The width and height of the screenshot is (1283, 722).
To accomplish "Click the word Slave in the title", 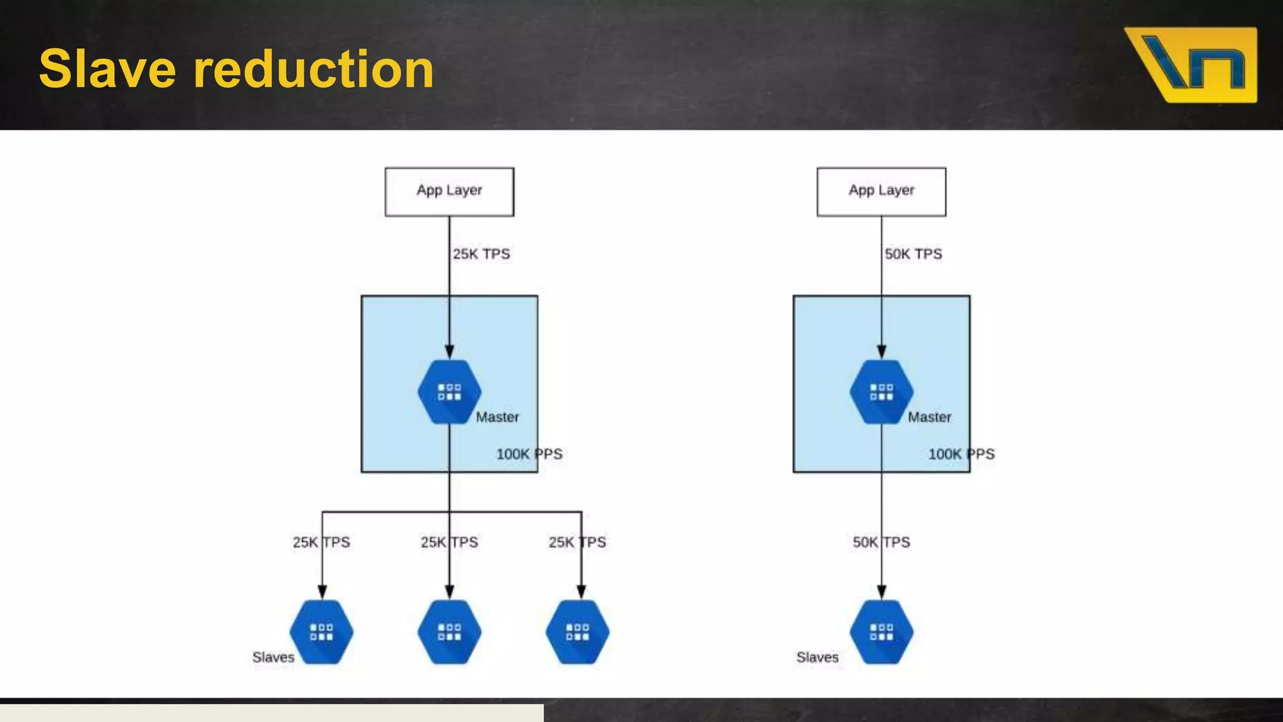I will (107, 69).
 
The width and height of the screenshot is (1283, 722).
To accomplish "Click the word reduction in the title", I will (313, 69).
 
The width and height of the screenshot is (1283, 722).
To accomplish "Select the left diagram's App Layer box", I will (449, 191).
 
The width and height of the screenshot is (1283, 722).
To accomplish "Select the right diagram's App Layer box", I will (881, 191).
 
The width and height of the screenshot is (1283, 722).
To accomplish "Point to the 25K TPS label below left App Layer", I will (481, 254).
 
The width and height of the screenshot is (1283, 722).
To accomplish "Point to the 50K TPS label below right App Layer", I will (913, 254).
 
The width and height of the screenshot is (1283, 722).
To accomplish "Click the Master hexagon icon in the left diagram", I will (449, 392).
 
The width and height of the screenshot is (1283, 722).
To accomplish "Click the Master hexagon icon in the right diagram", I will (881, 392).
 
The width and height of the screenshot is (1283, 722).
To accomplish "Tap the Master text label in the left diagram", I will (497, 417).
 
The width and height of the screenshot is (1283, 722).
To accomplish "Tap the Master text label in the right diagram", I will (929, 417).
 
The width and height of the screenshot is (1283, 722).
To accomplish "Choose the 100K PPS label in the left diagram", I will (529, 454).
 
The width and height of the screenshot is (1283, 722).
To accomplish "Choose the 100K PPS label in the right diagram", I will (961, 454).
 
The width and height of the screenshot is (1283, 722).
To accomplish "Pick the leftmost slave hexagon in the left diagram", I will (321, 632).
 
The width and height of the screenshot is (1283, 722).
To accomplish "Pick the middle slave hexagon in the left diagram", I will (449, 632).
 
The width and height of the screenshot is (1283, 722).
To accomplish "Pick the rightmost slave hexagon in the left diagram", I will (578, 632).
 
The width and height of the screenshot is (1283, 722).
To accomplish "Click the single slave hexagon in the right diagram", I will (881, 632).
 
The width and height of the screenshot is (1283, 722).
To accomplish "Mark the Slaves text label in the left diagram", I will (273, 657).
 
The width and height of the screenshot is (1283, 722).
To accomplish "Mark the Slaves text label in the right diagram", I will (817, 657).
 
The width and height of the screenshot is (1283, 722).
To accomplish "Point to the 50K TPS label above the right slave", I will (881, 542).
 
